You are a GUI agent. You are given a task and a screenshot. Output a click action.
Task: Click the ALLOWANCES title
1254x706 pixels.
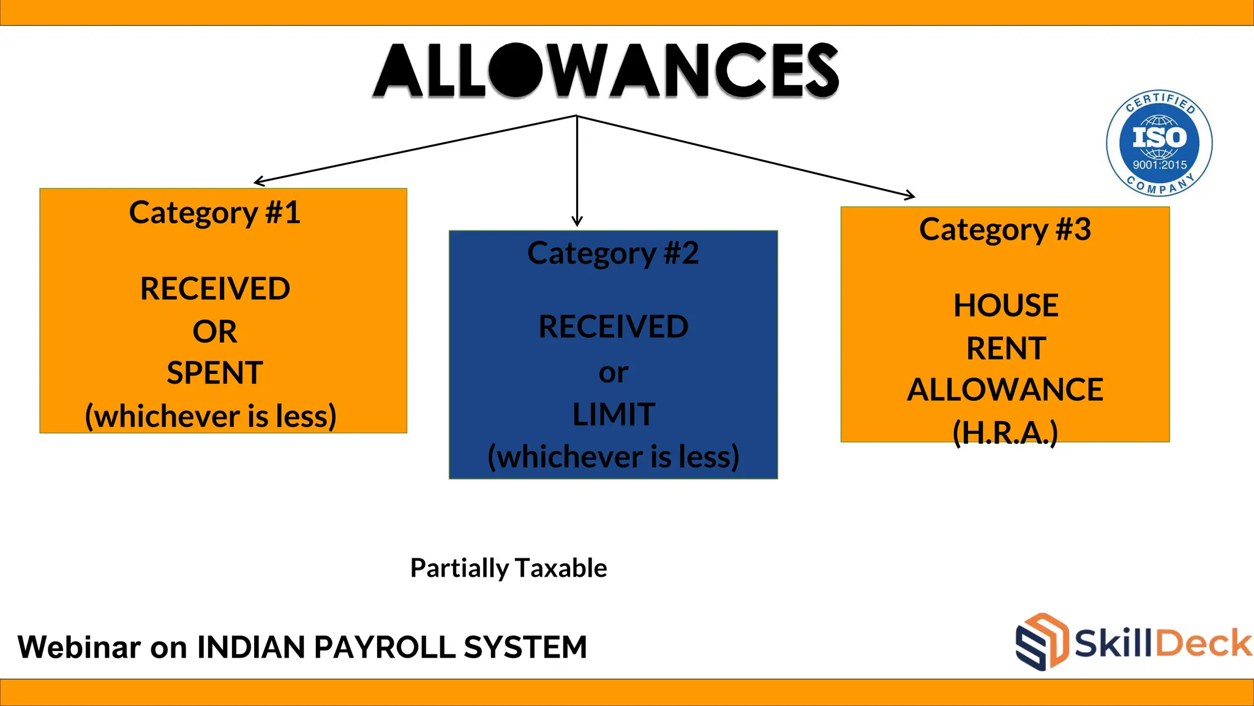606,70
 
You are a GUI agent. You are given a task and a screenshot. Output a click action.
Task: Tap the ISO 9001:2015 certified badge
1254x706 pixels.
1159,143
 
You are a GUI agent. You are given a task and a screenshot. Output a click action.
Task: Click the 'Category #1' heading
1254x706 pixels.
214,213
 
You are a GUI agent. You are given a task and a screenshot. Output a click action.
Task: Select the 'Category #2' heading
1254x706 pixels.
613,253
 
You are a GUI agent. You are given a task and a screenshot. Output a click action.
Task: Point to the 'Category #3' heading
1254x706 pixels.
1005,230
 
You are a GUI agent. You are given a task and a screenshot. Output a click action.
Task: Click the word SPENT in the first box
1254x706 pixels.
214,373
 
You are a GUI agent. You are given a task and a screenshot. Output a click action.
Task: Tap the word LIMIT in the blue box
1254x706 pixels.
614,415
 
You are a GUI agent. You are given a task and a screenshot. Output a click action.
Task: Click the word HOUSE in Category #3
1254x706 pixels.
1005,306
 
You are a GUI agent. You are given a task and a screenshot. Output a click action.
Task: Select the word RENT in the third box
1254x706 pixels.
1005,349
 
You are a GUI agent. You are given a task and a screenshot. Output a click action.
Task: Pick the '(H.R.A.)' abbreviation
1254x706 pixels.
1005,433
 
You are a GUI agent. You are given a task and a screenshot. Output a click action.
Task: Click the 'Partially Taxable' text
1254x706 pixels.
508,568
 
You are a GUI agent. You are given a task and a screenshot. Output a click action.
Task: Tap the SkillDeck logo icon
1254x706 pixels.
1042,642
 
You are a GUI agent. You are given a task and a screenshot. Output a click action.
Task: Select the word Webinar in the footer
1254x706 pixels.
79,647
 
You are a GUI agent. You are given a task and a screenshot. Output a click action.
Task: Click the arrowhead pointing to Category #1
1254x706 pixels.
258,181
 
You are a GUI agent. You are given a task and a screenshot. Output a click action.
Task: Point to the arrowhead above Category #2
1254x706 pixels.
577,222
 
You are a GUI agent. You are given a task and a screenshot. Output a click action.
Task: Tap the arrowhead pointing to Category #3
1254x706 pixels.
911,195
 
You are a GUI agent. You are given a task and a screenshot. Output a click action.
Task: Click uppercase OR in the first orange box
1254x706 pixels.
214,332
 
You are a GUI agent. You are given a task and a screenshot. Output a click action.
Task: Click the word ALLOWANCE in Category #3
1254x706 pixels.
1005,390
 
